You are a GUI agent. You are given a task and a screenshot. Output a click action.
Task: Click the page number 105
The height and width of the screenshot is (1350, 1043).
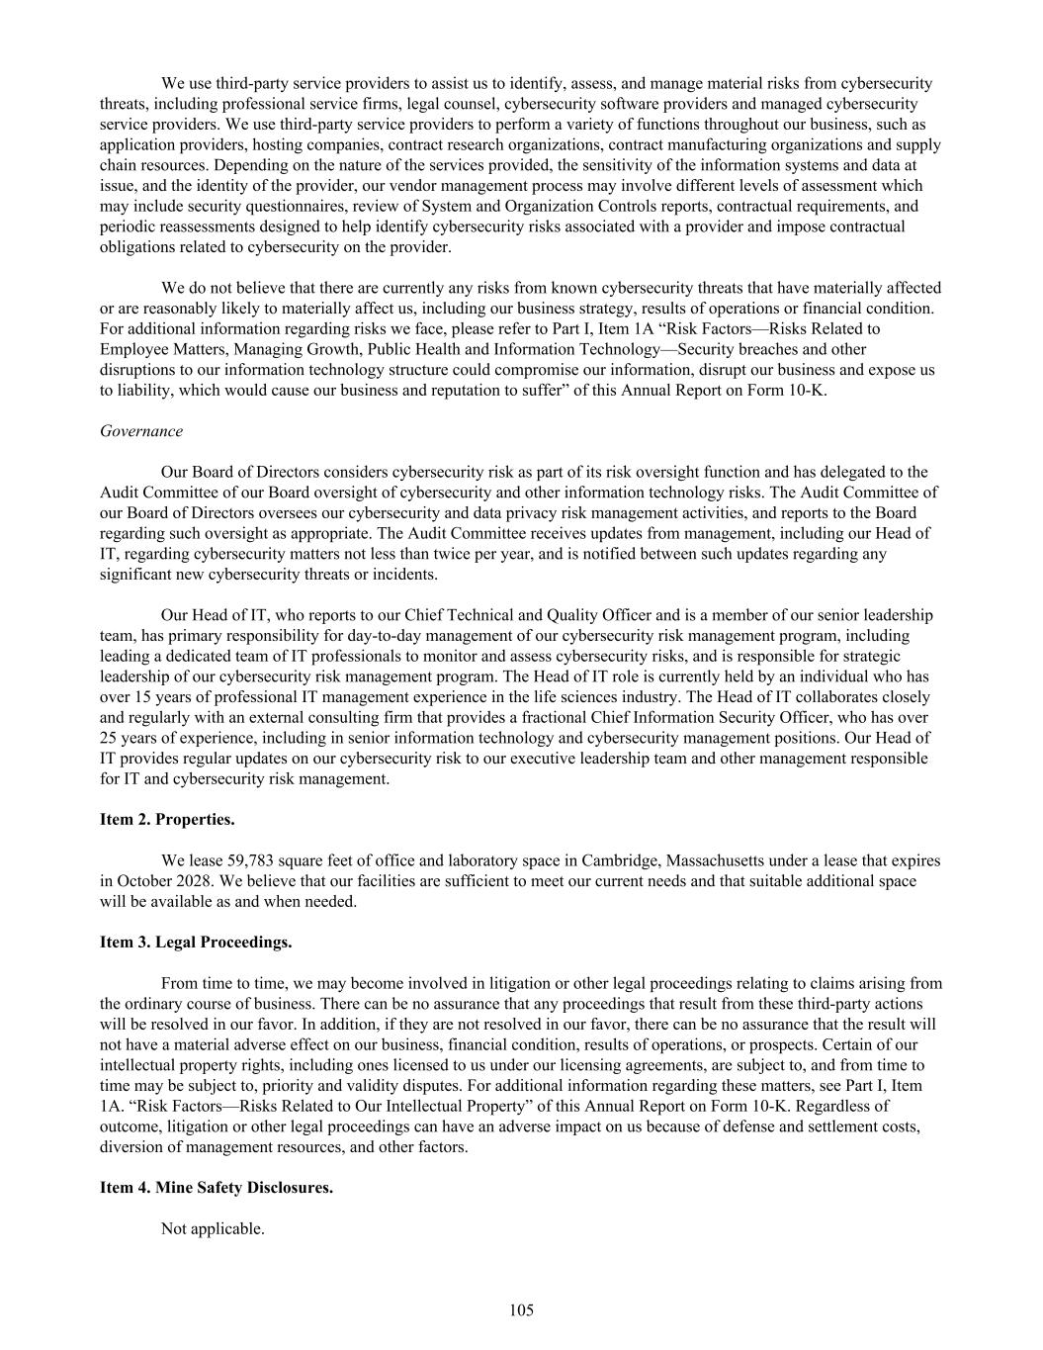521,1310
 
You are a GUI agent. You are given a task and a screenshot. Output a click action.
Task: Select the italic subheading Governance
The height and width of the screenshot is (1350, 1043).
141,431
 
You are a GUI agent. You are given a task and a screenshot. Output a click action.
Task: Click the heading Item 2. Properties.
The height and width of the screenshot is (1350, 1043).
167,819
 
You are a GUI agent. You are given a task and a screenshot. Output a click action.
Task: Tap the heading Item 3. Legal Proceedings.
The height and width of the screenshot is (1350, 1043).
196,942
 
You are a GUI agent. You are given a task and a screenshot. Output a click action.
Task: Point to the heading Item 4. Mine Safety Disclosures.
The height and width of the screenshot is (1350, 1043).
217,1187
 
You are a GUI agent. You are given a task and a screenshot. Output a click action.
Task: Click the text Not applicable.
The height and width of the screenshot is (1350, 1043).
213,1228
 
